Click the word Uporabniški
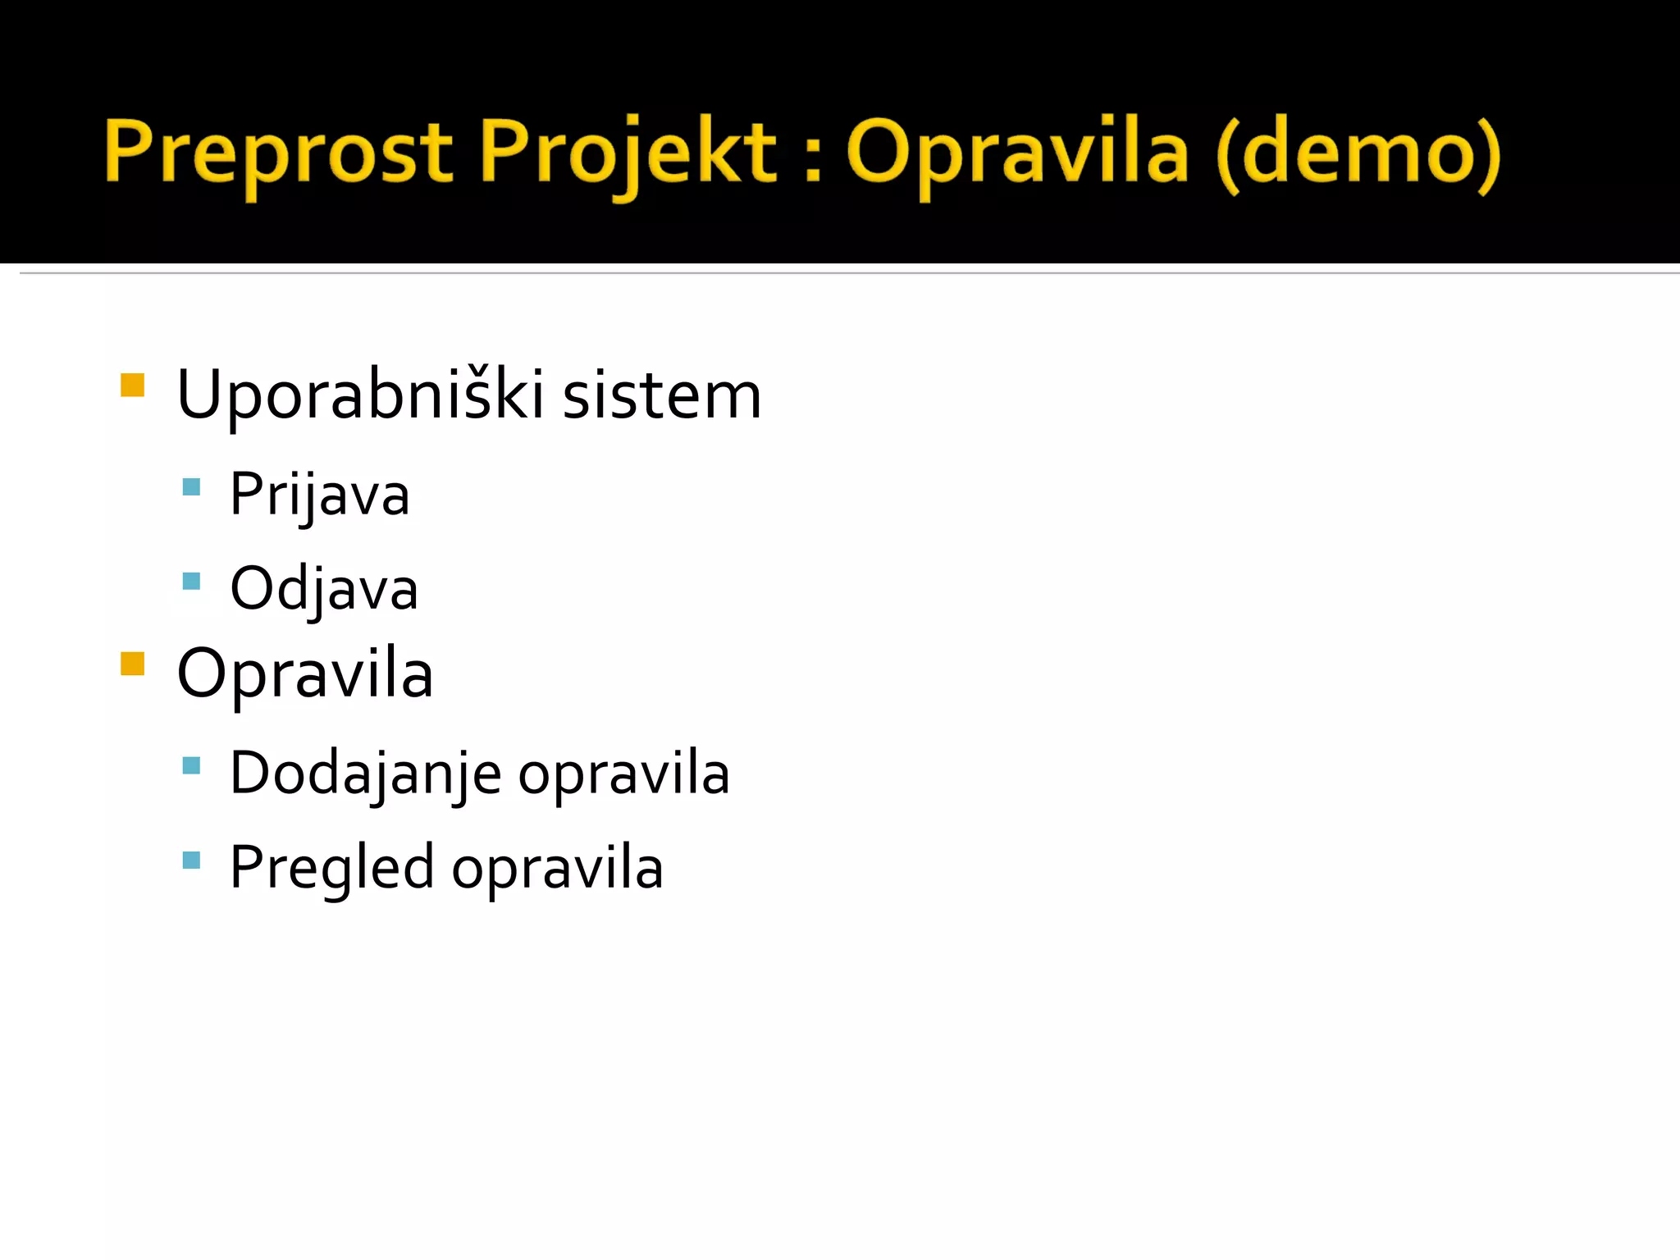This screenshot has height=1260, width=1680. click(360, 395)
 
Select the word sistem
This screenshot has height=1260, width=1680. click(662, 395)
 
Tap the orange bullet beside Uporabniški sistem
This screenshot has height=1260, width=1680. click(132, 385)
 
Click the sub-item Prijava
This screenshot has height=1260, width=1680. click(319, 495)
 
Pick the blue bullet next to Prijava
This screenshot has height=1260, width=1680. click(191, 487)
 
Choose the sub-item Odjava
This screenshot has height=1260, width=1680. click(324, 588)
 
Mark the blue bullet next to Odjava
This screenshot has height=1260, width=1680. click(191, 582)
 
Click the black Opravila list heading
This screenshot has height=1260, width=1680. click(304, 674)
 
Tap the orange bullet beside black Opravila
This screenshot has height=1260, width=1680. click(132, 663)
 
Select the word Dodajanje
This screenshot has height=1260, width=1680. click(365, 774)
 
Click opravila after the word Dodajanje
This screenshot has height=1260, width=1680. click(623, 774)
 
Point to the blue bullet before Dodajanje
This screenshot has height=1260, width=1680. click(191, 766)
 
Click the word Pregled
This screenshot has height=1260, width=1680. click(331, 868)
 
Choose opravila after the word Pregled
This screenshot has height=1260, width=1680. click(557, 868)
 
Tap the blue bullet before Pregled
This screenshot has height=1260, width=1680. click(191, 861)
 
